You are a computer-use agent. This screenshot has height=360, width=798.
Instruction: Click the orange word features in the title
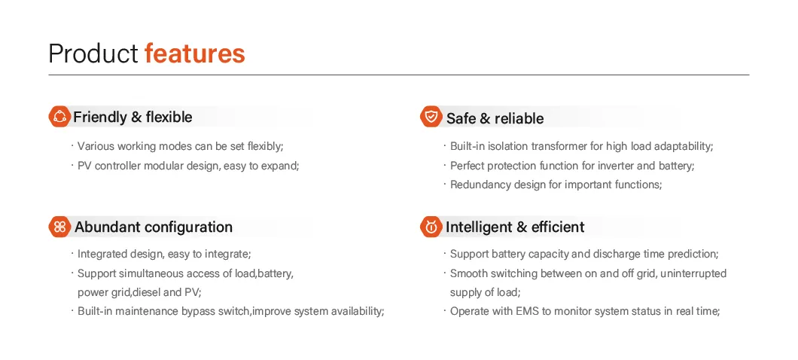[x=195, y=53]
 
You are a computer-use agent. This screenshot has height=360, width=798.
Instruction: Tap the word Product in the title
[x=93, y=53]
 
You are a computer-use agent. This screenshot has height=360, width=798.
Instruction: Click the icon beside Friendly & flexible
[x=59, y=117]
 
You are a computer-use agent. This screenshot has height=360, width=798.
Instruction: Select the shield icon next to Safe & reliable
[x=431, y=117]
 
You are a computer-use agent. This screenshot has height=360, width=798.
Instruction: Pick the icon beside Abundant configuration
[x=59, y=227]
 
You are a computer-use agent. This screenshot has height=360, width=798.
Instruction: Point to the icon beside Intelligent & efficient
[x=431, y=227]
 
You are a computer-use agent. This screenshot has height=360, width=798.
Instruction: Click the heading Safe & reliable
[x=495, y=119]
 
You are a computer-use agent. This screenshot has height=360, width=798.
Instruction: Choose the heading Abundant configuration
[x=154, y=227]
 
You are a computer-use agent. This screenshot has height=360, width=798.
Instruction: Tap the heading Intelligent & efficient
[x=515, y=227]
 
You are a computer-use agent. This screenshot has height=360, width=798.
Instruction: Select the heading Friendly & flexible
[x=132, y=117]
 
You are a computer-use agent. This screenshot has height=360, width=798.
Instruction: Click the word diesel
[x=147, y=292]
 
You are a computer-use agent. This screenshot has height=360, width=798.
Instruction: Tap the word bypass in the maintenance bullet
[x=199, y=312]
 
